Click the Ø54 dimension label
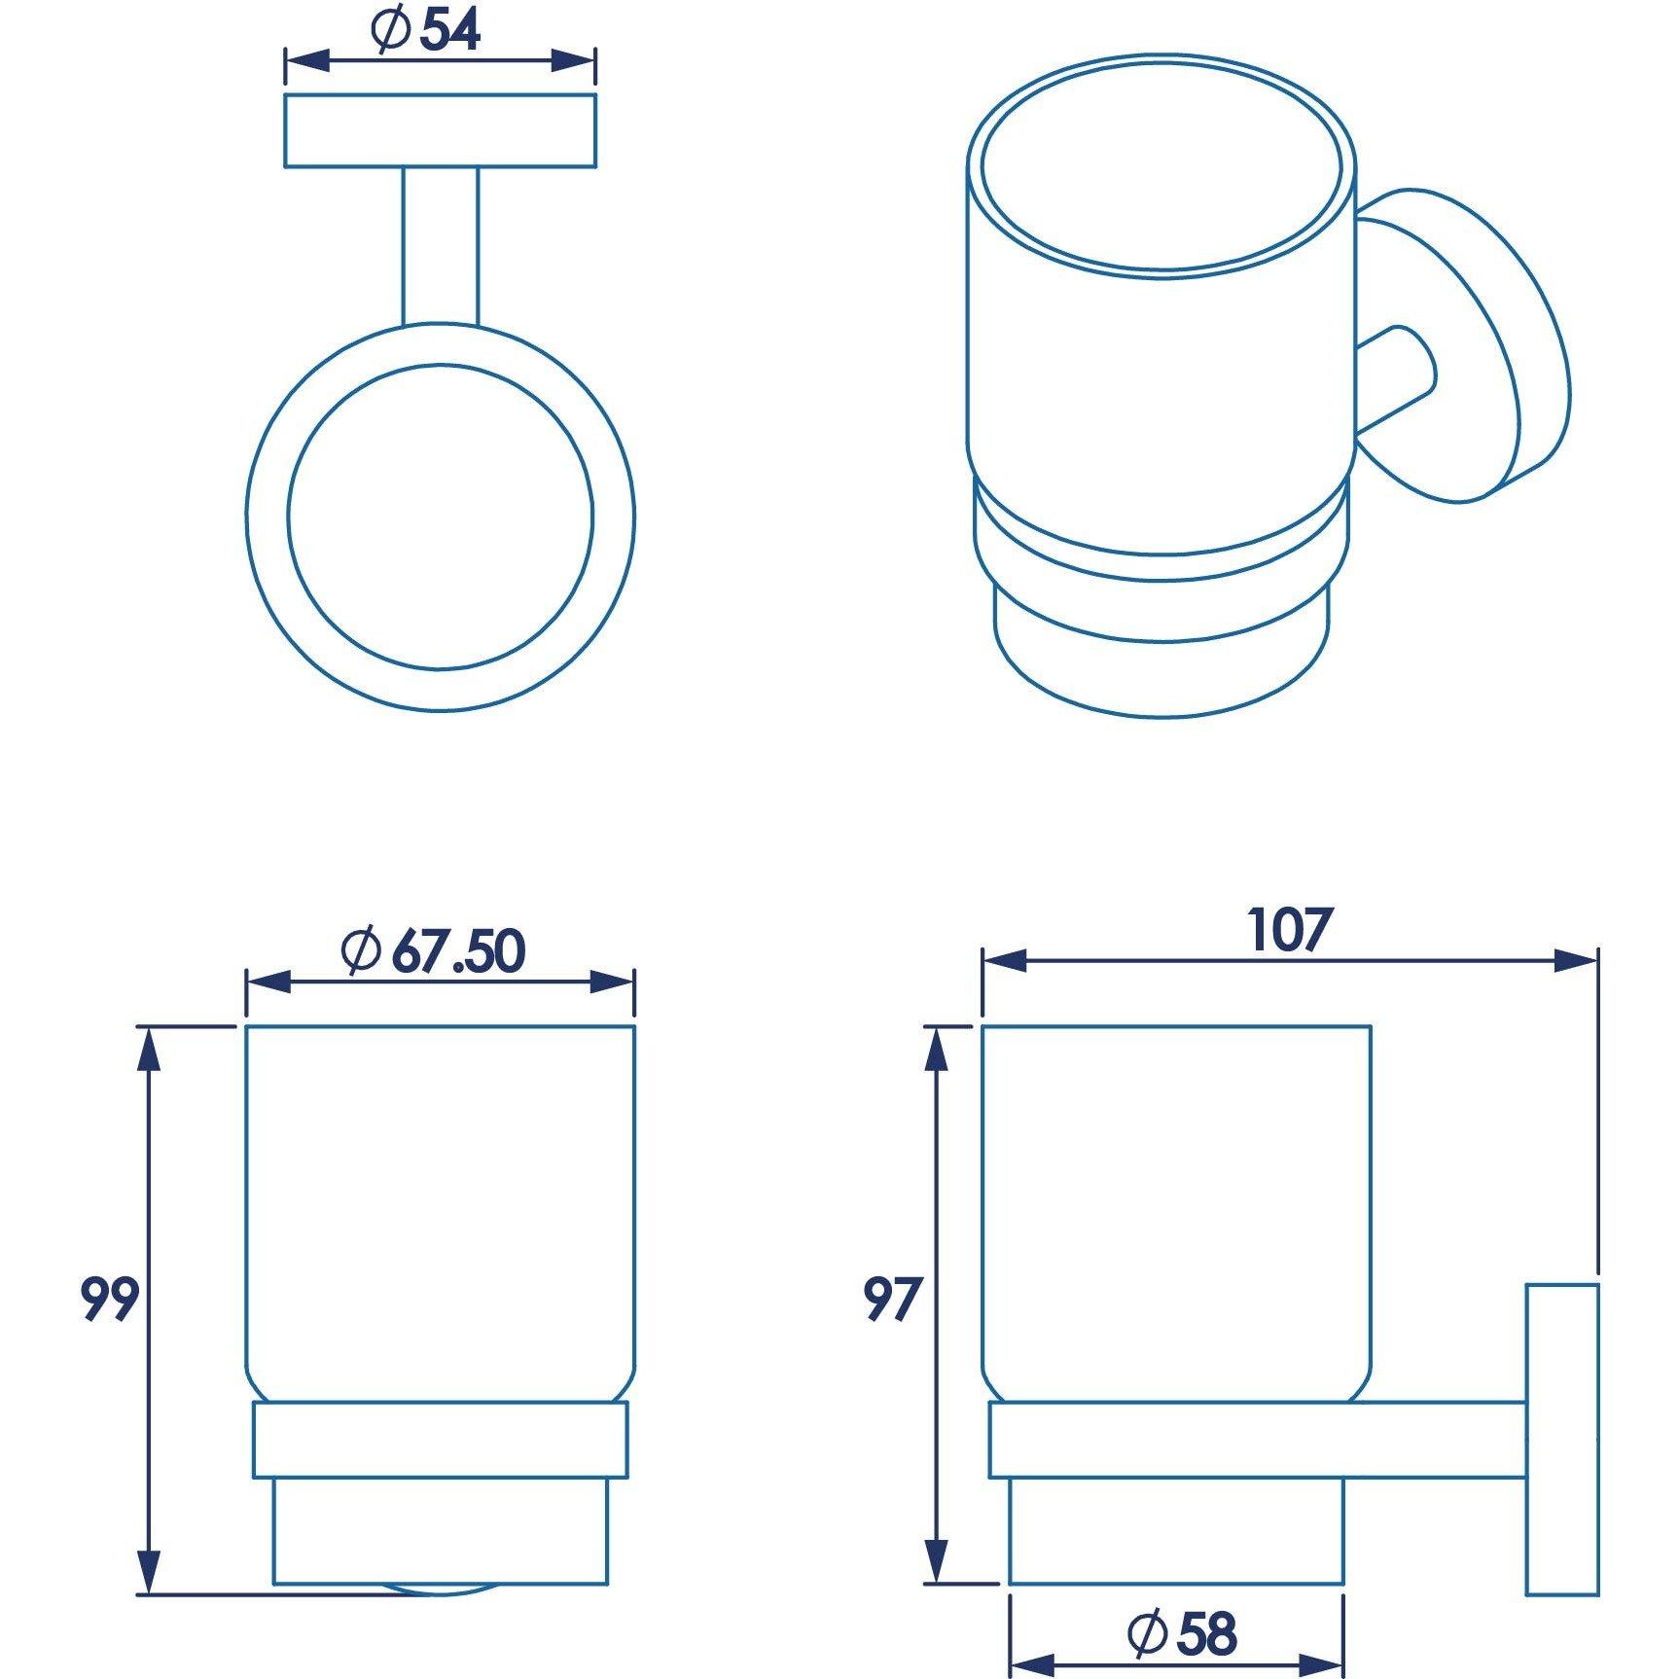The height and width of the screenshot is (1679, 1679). [426, 32]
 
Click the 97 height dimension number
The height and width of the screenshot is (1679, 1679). [892, 1299]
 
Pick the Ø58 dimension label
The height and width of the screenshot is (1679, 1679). [1183, 1633]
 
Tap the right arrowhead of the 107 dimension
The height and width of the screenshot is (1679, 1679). [1576, 961]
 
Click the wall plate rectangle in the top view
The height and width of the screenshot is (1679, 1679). [440, 130]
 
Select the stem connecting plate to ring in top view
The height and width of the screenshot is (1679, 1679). [440, 245]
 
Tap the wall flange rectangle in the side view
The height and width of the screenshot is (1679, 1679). [1561, 1440]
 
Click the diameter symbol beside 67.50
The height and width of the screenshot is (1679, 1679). [361, 950]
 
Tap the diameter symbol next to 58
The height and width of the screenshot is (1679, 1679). [1147, 1633]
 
